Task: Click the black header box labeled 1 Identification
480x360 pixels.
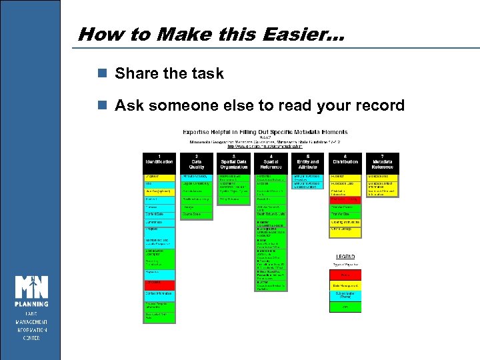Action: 159,161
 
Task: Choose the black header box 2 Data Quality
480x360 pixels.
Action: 196,161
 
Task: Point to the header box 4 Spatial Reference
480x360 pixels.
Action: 271,161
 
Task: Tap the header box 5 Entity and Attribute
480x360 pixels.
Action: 308,161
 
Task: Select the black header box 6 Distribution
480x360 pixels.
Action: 345,161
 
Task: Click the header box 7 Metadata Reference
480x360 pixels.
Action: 383,161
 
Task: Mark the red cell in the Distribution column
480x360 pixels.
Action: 345,199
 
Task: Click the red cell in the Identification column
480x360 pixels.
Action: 159,283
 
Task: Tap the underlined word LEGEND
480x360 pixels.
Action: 345,257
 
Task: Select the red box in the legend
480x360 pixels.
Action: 345,275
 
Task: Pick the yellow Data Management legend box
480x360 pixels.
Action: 345,285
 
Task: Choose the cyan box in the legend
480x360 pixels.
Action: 345,295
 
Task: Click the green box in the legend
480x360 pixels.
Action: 345,307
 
